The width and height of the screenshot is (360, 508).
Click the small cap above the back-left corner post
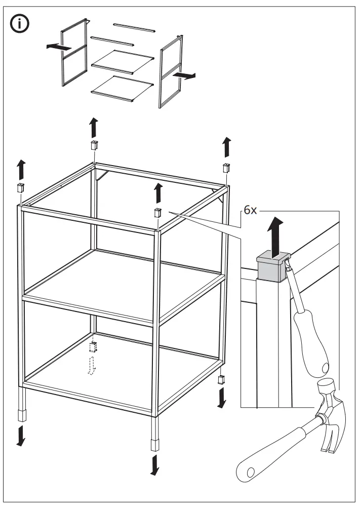[x=94, y=145]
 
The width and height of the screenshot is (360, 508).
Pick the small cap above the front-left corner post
[x=21, y=188]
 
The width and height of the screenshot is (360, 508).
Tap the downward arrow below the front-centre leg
[x=154, y=464]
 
